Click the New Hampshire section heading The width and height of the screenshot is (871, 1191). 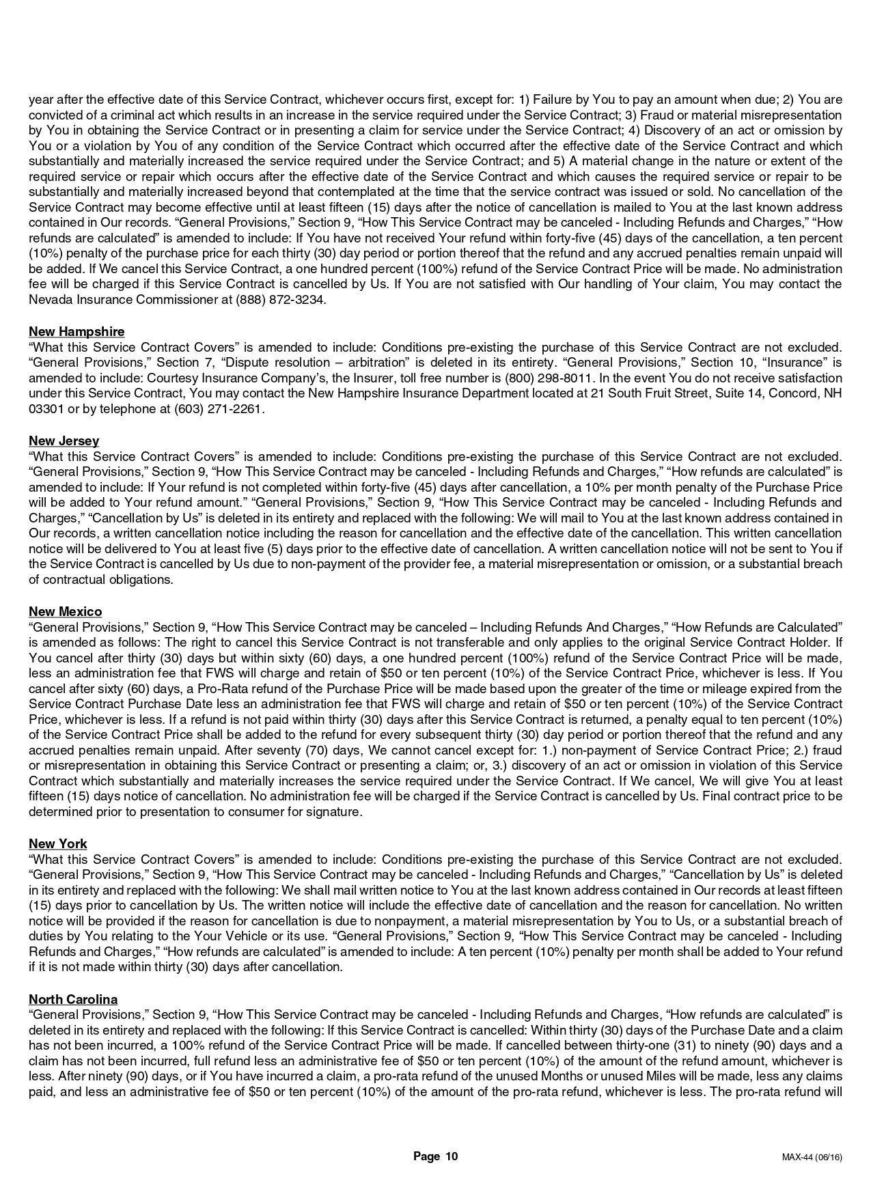[x=77, y=332]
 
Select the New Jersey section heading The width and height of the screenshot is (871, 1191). [x=64, y=441]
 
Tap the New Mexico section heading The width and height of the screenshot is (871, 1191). [x=65, y=612]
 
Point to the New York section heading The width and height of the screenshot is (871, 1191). [x=57, y=844]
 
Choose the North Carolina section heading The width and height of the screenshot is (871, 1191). [x=73, y=1000]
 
